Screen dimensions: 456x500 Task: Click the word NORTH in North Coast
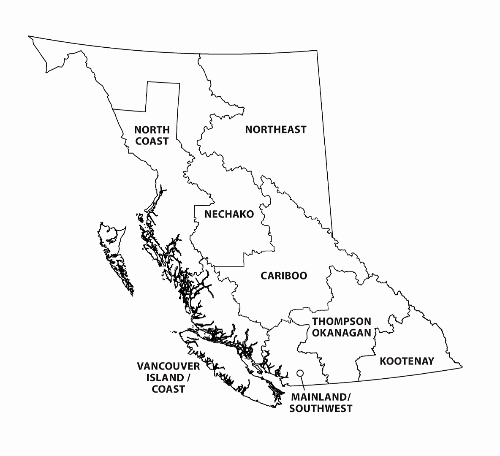tap(152, 130)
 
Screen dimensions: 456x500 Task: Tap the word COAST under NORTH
tap(152, 141)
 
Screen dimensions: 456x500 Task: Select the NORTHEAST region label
tap(275, 130)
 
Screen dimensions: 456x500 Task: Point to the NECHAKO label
tap(229, 214)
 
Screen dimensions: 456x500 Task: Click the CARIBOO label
tap(284, 276)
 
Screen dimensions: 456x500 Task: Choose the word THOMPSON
tap(342, 322)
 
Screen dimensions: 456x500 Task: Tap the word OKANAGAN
tap(342, 333)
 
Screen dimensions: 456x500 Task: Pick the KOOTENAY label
tap(407, 361)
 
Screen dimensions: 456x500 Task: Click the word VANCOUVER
tap(168, 366)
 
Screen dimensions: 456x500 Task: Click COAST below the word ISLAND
tap(168, 389)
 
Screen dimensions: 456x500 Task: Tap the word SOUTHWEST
tap(321, 409)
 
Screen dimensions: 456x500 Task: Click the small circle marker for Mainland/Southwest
tap(300, 373)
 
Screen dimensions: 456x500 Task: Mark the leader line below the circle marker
tap(302, 383)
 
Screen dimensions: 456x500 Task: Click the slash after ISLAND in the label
tap(187, 377)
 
